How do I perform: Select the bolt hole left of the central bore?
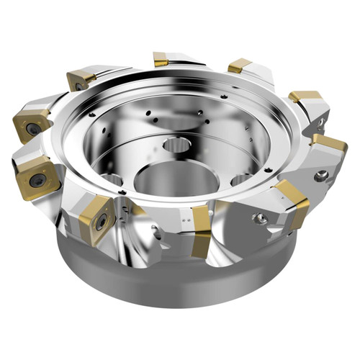pyautogui.click(x=112, y=180)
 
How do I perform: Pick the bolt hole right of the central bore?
pyautogui.click(x=241, y=179)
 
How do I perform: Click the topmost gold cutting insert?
pyautogui.click(x=161, y=59)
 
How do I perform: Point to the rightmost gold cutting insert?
pyautogui.click(x=330, y=142)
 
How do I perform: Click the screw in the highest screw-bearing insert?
pyautogui.click(x=78, y=86)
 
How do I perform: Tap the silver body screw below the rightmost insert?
pyautogui.click(x=322, y=175)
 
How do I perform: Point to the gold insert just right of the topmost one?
pyautogui.click(x=239, y=66)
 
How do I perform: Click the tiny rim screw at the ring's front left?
pyautogui.click(x=124, y=192)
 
